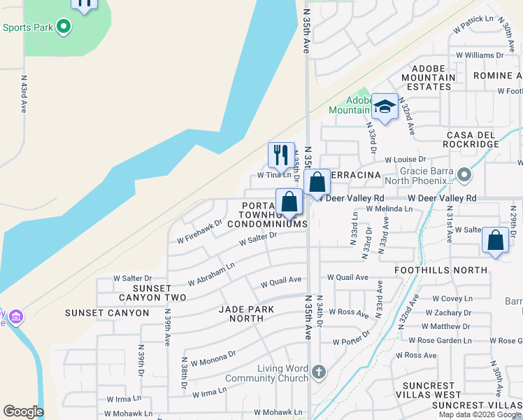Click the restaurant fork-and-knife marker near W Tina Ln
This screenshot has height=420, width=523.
pyautogui.click(x=281, y=155)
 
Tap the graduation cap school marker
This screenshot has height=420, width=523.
pyautogui.click(x=385, y=106)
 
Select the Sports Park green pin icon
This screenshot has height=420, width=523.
pyautogui.click(x=64, y=27)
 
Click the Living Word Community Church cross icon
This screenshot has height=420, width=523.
pyautogui.click(x=319, y=371)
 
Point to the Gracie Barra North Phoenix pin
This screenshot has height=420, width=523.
pyautogui.click(x=464, y=174)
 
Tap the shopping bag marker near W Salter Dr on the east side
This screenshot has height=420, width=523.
pyautogui.click(x=495, y=240)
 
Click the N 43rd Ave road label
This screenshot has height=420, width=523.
pyautogui.click(x=23, y=94)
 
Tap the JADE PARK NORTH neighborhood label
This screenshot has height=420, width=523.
pyautogui.click(x=241, y=314)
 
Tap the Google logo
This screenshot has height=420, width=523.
pyautogui.click(x=23, y=412)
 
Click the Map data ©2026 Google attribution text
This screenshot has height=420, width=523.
pyautogui.click(x=479, y=414)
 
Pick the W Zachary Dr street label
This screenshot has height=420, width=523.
pyautogui.click(x=448, y=312)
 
